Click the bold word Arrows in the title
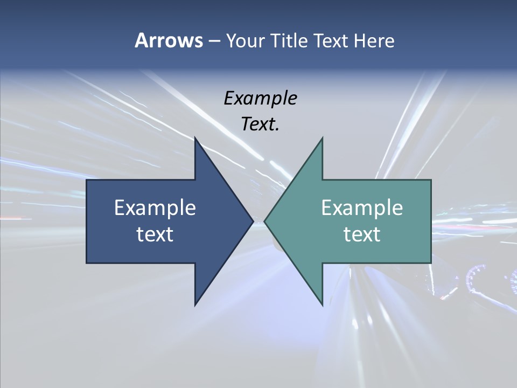coord(168,40)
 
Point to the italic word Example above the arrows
coord(260,98)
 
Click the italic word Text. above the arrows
coord(260,124)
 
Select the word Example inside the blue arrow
coord(155,207)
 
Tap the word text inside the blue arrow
coord(155,234)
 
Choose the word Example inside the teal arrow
coord(362,207)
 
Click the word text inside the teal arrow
coord(362,234)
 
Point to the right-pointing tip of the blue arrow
coord(253,221)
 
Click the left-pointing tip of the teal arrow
coord(264,221)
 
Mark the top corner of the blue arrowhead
coord(195,138)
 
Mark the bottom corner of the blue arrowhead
coord(195,305)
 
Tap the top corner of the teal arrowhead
coord(322,138)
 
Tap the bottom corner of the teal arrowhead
coord(322,305)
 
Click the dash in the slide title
coord(213,41)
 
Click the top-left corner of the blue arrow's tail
coord(87,180)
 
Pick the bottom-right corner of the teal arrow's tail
coord(431,263)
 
